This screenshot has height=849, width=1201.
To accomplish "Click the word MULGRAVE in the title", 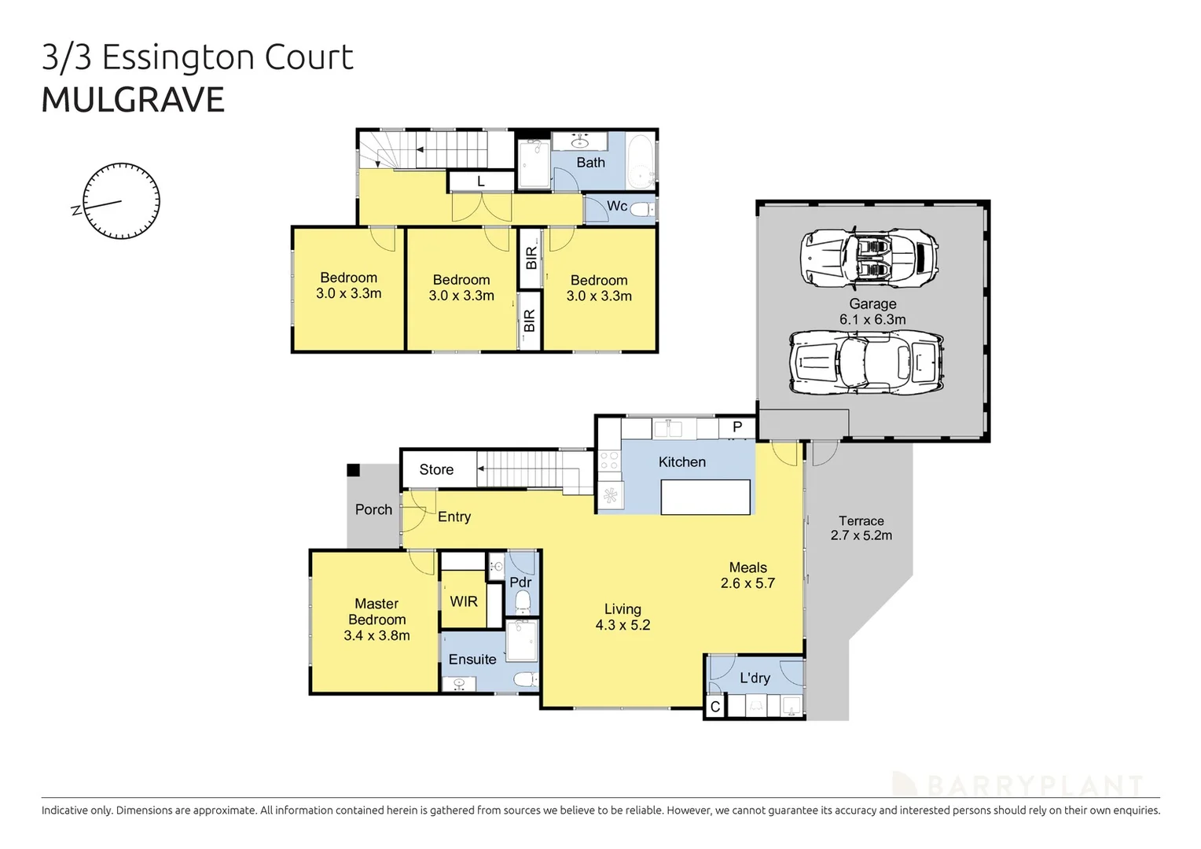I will (x=133, y=101).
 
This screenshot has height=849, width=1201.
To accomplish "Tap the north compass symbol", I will (x=121, y=201).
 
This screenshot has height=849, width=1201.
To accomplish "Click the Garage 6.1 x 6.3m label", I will (x=872, y=311).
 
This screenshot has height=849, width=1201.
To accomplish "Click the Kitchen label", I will (x=681, y=462).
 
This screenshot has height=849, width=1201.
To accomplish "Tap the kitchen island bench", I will (x=705, y=497).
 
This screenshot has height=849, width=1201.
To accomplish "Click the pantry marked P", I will (x=737, y=428).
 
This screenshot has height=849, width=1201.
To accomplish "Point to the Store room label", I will (x=436, y=469).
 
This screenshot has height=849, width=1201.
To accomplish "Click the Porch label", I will (x=373, y=509).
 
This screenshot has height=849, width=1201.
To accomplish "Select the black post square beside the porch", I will (x=354, y=470).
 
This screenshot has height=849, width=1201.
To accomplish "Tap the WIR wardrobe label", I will (x=464, y=601).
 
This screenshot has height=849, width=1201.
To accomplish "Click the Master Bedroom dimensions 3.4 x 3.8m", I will (x=376, y=635).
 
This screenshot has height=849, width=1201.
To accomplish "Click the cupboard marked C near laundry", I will (x=715, y=707).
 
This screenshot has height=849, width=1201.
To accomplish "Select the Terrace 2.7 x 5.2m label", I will (x=861, y=528).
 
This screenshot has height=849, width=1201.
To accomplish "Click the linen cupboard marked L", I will (x=481, y=182).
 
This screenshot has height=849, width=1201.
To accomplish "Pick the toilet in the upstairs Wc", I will (x=642, y=209).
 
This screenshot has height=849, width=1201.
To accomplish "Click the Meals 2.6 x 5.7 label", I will (x=747, y=575).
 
